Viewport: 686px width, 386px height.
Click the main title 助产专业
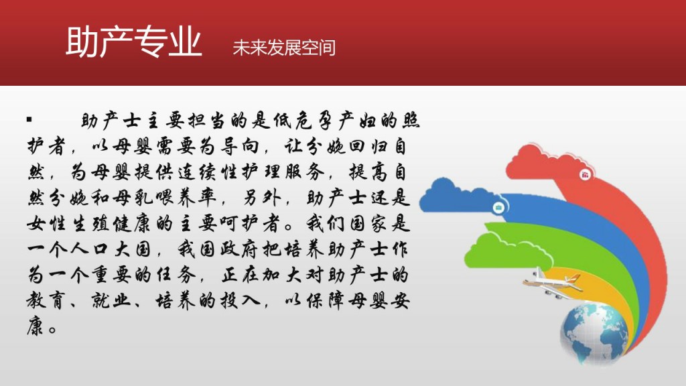click(134, 42)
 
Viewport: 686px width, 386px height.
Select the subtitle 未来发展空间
click(284, 48)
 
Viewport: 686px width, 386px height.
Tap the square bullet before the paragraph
click(29, 119)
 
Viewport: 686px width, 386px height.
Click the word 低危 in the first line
click(293, 121)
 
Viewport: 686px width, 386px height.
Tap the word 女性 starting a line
click(46, 224)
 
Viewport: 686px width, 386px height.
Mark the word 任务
click(176, 275)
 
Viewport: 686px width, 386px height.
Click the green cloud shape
click(508, 252)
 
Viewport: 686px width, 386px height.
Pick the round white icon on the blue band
click(498, 207)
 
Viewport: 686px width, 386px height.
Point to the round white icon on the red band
click(585, 175)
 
